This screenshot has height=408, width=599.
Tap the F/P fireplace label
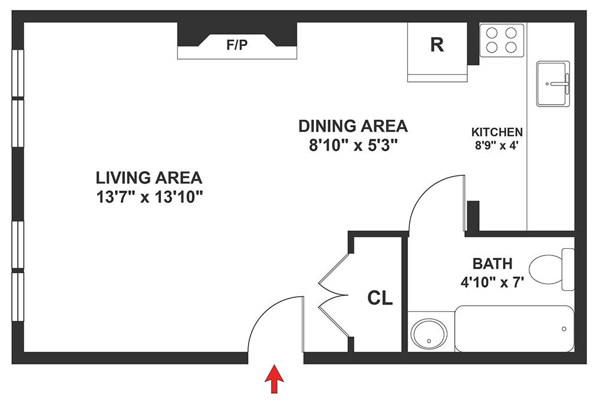pyautogui.click(x=237, y=46)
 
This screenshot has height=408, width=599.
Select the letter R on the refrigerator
pyautogui.click(x=437, y=45)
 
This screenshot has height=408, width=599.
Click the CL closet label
pyautogui.click(x=380, y=297)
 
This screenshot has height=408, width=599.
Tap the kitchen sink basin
pyautogui.click(x=553, y=83)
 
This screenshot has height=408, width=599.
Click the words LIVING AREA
pyautogui.click(x=149, y=178)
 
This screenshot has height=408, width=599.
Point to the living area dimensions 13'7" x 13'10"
pyautogui.click(x=149, y=197)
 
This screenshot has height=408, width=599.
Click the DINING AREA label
pyautogui.click(x=353, y=126)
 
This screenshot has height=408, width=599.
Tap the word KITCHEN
pyautogui.click(x=497, y=132)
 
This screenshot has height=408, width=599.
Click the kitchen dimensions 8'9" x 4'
pyautogui.click(x=497, y=144)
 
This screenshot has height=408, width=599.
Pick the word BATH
pyautogui.click(x=492, y=263)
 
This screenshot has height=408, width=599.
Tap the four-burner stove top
pyautogui.click(x=502, y=39)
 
